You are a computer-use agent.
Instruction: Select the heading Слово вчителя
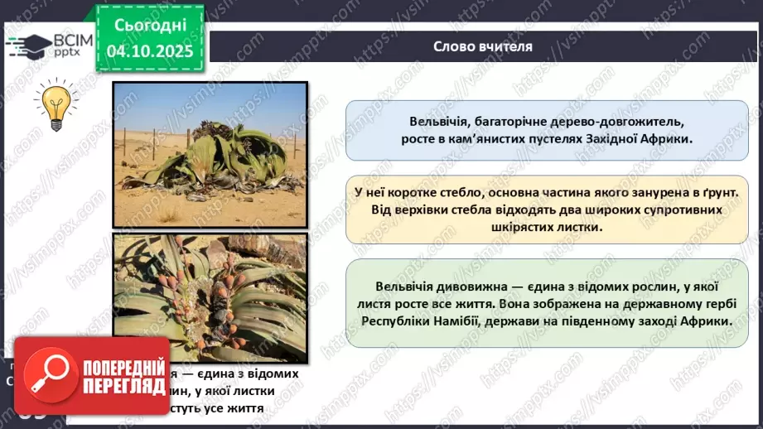[482, 46]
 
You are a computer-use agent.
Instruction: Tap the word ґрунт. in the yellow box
[719, 191]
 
